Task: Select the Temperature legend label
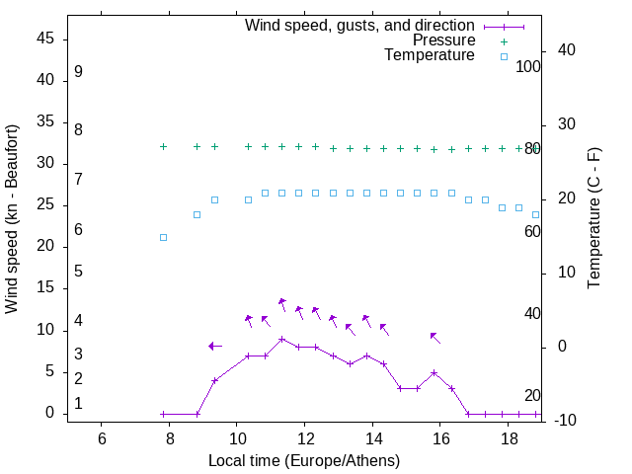click(430, 56)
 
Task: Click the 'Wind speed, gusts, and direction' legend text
click(359, 25)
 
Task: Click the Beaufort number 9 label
click(78, 72)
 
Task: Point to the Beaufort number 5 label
click(78, 271)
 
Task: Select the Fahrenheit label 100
click(528, 67)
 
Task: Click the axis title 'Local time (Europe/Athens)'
click(304, 461)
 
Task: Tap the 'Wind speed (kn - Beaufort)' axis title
click(12, 219)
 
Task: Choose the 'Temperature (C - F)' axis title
click(593, 219)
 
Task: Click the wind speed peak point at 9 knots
click(282, 339)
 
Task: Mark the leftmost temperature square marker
click(164, 237)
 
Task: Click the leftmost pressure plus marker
click(164, 146)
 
